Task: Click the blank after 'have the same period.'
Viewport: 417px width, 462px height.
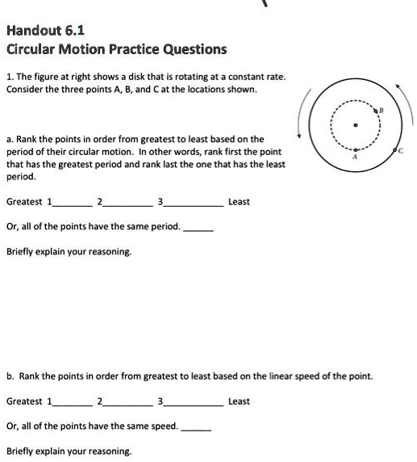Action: click(198, 230)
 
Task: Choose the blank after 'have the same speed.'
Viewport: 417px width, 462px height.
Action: click(196, 429)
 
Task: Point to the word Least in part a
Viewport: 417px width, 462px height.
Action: click(239, 201)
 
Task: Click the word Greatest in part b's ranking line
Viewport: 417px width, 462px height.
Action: click(25, 401)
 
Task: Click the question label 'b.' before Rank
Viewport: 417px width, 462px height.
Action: click(10, 376)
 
